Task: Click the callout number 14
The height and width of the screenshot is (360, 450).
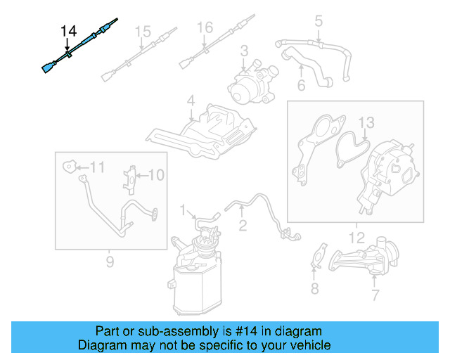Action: tap(68, 31)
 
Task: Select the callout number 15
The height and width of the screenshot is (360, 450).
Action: tap(143, 32)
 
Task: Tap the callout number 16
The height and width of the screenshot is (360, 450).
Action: tap(205, 28)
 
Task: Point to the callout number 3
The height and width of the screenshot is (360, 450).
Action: tap(244, 51)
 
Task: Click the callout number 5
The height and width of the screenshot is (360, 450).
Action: tap(318, 22)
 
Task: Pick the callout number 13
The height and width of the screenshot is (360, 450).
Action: tap(366, 124)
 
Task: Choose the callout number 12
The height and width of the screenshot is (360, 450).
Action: tap(355, 238)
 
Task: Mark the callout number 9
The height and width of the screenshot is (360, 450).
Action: tap(110, 262)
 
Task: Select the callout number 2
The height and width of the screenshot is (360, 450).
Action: tap(242, 225)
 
